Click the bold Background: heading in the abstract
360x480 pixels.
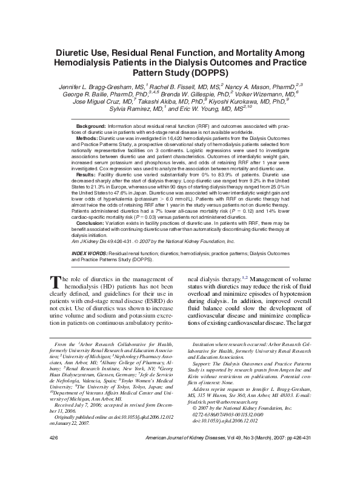(94, 125)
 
